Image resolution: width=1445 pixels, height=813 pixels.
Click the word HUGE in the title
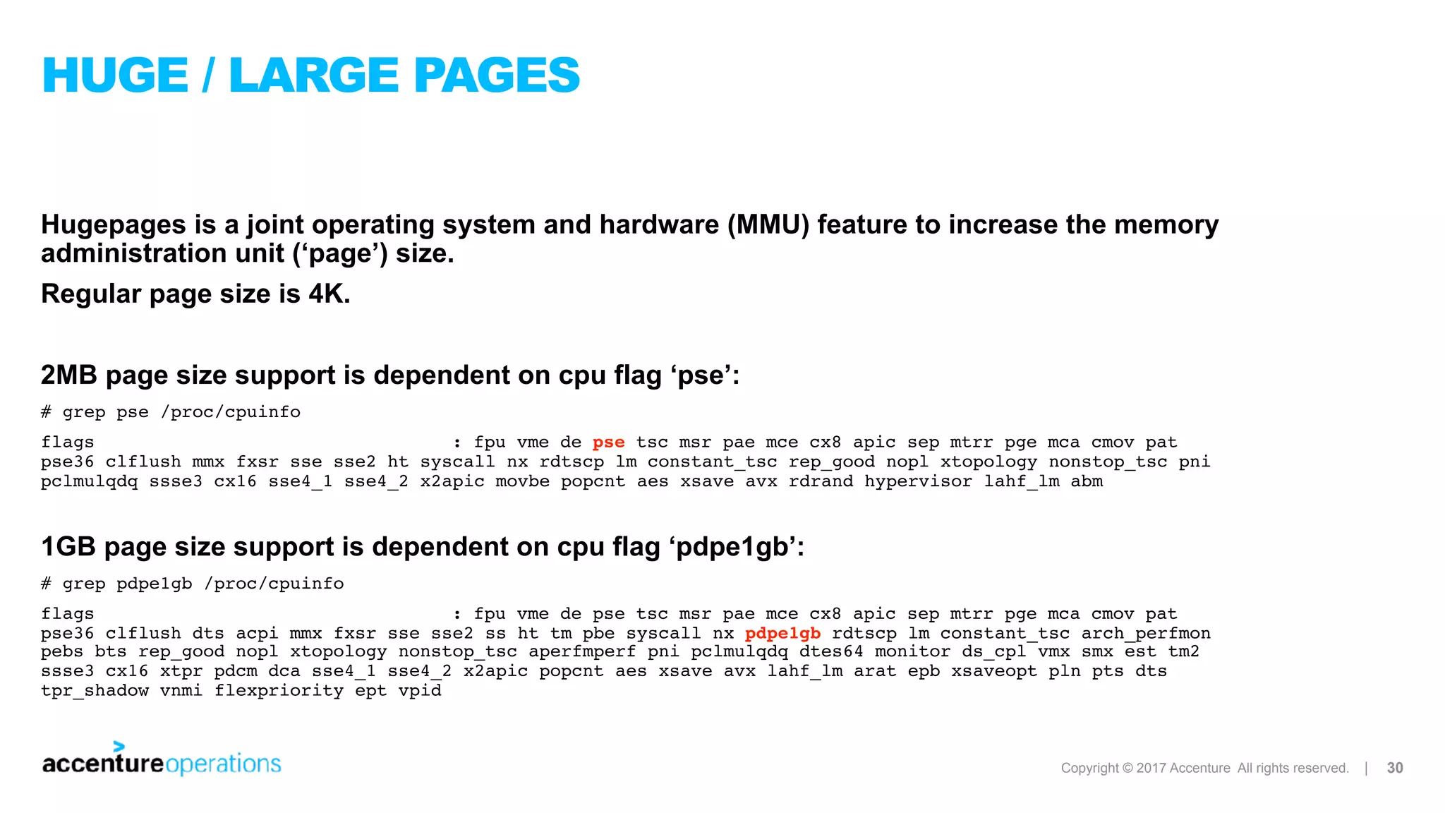pyautogui.click(x=116, y=76)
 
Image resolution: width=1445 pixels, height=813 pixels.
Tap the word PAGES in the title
pyautogui.click(x=496, y=76)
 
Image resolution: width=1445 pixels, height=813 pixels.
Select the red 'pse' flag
pyautogui.click(x=608, y=442)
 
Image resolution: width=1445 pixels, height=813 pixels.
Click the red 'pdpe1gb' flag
pyautogui.click(x=782, y=633)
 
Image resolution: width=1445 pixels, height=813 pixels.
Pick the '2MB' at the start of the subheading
pyautogui.click(x=68, y=375)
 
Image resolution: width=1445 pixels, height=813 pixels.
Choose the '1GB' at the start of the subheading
pyautogui.click(x=68, y=547)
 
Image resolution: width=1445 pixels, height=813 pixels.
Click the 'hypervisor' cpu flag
pyautogui.click(x=919, y=481)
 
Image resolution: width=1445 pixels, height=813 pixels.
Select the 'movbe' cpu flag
pyautogui.click(x=522, y=481)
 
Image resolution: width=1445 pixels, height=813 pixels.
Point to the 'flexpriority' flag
pyautogui.click(x=279, y=690)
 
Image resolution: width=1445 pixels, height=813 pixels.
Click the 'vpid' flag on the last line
pyautogui.click(x=420, y=690)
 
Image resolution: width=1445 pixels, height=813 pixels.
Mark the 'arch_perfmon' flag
pyautogui.click(x=1146, y=633)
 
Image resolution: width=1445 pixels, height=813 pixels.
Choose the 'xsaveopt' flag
pyautogui.click(x=993, y=671)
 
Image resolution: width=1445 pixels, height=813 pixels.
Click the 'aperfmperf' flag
pyautogui.click(x=582, y=652)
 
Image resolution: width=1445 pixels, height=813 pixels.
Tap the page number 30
pyautogui.click(x=1395, y=768)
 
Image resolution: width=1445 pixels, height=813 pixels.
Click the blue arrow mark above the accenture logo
pyautogui.click(x=119, y=746)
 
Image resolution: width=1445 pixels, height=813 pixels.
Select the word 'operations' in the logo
pyautogui.click(x=223, y=764)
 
